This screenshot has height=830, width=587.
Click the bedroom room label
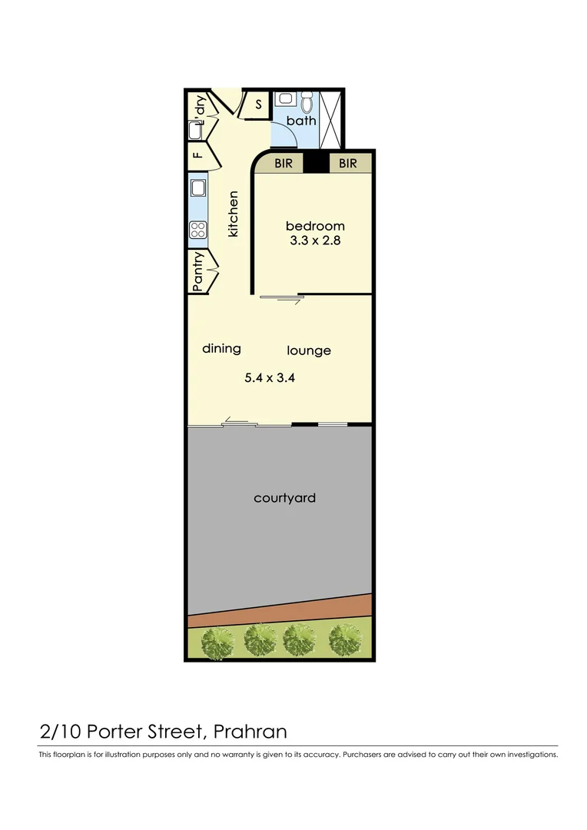click(315, 226)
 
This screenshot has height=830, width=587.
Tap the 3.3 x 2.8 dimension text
click(315, 241)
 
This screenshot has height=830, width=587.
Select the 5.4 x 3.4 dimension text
click(270, 378)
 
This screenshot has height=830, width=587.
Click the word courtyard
click(284, 498)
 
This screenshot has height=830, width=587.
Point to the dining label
click(221, 348)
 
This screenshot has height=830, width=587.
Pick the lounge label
click(309, 350)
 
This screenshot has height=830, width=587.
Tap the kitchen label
click(234, 214)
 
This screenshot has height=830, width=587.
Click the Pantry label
click(198, 271)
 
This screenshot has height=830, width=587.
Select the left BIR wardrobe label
click(284, 164)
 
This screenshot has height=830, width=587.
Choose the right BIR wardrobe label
click(348, 164)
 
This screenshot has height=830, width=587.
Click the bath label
click(301, 121)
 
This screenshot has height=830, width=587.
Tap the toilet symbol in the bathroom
click(307, 101)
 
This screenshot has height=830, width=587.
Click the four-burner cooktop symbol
click(198, 229)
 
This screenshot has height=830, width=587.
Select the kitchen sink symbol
click(198, 188)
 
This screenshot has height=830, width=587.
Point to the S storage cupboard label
click(258, 105)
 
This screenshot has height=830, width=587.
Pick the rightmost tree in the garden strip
click(344, 639)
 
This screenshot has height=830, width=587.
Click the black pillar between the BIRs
click(315, 163)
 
